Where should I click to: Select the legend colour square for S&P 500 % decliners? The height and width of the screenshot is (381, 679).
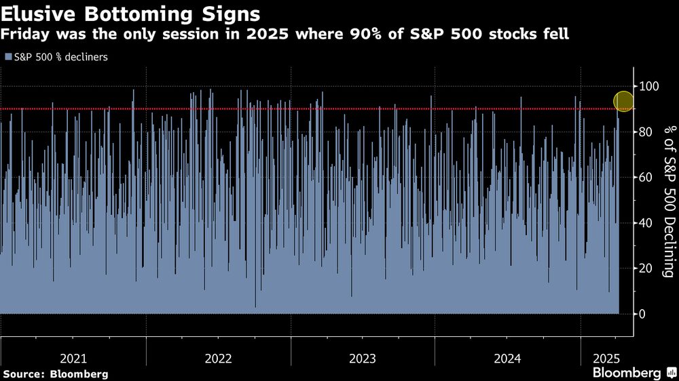[7, 57]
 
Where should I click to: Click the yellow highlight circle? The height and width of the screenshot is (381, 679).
[623, 102]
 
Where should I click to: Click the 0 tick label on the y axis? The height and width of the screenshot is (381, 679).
[642, 314]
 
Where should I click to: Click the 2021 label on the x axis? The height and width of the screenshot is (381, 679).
[73, 357]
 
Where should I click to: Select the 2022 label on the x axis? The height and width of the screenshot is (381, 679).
[218, 357]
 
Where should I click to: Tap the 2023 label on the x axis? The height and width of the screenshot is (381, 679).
[362, 357]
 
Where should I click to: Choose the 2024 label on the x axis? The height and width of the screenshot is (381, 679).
[507, 357]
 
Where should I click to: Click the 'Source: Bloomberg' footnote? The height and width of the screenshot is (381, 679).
[55, 374]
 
